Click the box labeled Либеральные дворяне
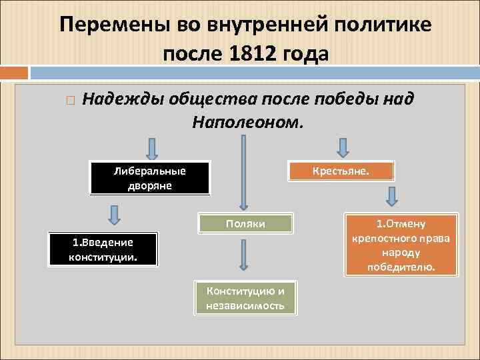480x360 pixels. point(150,178)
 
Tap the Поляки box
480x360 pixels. point(245,224)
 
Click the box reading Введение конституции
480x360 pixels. point(103,250)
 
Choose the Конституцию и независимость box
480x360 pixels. point(245,298)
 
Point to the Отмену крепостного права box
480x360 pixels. point(401,245)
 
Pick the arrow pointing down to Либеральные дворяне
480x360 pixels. point(151,149)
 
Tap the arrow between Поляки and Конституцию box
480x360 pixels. point(244,255)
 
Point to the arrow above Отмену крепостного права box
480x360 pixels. point(393,197)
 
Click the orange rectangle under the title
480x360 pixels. point(14,72)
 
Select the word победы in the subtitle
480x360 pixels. point(357,100)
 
